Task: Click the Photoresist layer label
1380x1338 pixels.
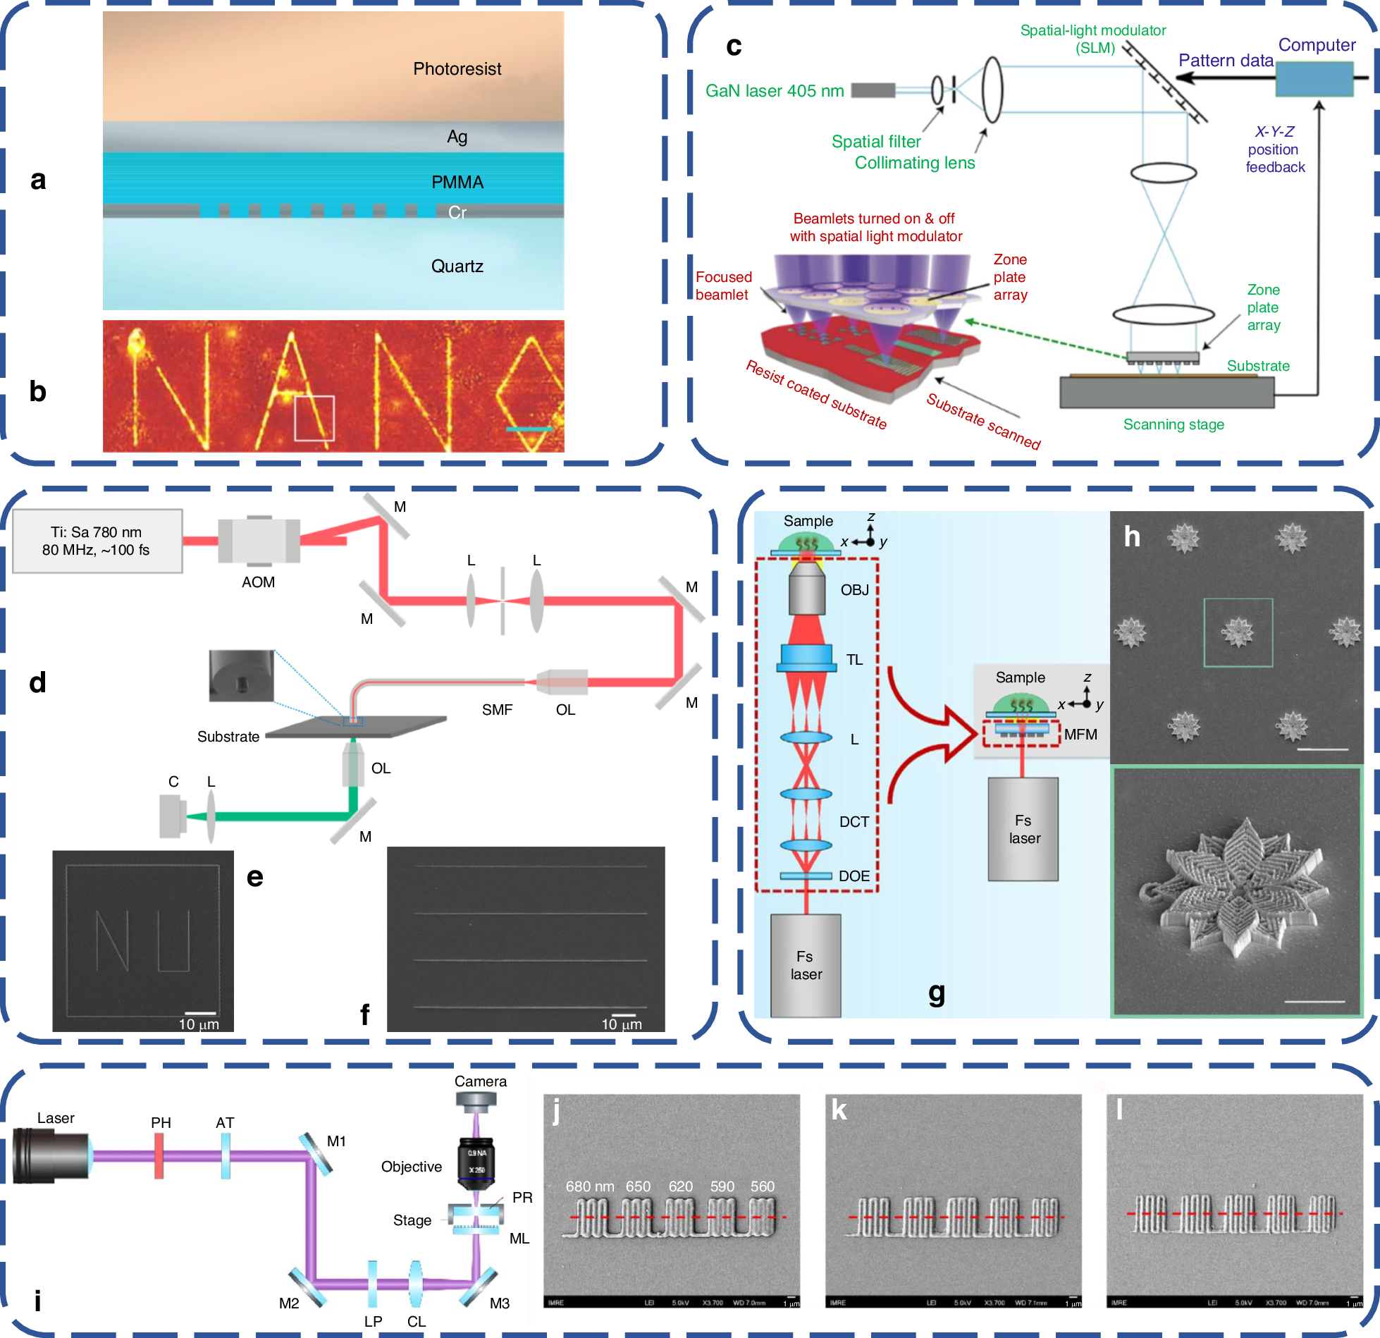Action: click(457, 69)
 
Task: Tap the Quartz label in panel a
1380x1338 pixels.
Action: click(457, 266)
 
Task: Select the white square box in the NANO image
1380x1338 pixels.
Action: click(314, 418)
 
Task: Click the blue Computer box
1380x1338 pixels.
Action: click(1314, 79)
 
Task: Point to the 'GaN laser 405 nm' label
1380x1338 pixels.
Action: click(774, 91)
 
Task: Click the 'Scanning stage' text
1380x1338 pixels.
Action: click(1173, 424)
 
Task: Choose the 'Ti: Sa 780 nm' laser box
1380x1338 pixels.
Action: click(97, 541)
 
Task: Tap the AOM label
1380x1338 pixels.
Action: click(258, 582)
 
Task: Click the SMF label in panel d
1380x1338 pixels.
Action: click(497, 710)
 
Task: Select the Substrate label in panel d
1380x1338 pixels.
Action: click(228, 737)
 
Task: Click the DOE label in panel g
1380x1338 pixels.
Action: click(854, 876)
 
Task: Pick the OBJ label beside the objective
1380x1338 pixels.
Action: click(854, 590)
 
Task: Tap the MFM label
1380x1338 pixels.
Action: click(1080, 735)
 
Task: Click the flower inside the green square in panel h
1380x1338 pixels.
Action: click(1238, 632)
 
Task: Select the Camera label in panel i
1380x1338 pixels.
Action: click(480, 1081)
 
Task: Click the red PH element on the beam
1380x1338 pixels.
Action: click(159, 1156)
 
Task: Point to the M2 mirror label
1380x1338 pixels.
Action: click(289, 1303)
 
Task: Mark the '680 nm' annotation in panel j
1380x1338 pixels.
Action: click(589, 1186)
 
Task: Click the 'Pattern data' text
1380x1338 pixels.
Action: click(1226, 61)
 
